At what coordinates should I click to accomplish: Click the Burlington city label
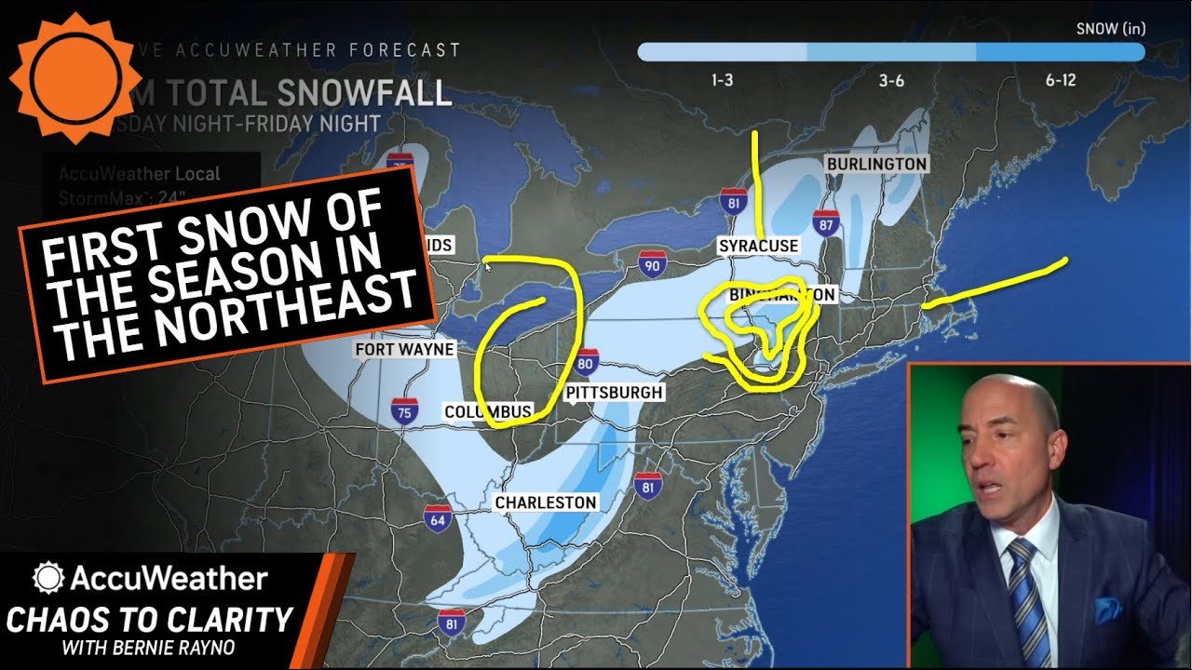click(x=876, y=165)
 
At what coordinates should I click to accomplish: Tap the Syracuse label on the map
click(x=758, y=246)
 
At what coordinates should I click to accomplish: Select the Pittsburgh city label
click(x=614, y=393)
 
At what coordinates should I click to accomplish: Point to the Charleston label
click(x=546, y=502)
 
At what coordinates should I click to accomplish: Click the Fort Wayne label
click(x=404, y=350)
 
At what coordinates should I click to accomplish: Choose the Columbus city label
click(x=487, y=411)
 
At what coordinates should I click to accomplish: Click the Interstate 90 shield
click(x=653, y=265)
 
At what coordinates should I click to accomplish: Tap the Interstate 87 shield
click(x=825, y=222)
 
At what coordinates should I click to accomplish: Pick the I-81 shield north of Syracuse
click(x=734, y=200)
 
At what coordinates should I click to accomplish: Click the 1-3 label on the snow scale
click(x=722, y=81)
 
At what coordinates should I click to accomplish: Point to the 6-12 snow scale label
click(x=1061, y=81)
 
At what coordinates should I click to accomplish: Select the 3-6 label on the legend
click(x=891, y=81)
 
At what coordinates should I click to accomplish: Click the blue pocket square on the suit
click(x=1109, y=610)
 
